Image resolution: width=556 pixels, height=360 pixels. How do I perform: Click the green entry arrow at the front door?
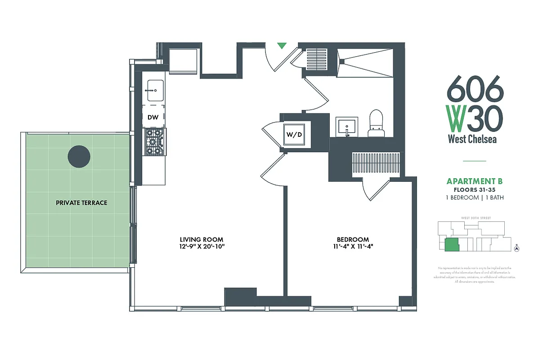[282, 45]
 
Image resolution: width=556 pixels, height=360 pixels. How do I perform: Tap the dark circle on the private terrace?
[79, 156]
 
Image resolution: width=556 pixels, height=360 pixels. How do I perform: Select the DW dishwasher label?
[153, 117]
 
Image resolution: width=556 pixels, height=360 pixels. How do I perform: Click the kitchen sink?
[153, 90]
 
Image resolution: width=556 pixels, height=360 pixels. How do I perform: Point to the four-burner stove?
[155, 142]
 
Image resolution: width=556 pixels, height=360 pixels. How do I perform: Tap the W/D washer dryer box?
[294, 134]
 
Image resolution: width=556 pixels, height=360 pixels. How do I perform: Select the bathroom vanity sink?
[346, 126]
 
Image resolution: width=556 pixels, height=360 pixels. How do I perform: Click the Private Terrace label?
[81, 203]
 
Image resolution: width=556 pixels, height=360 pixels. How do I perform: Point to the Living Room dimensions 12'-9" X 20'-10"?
[202, 247]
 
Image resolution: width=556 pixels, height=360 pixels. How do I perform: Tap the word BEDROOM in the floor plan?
[353, 239]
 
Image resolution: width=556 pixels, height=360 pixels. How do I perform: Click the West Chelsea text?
[472, 139]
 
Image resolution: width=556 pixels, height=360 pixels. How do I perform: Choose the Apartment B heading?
[474, 181]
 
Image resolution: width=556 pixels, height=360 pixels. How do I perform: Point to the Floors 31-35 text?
[474, 190]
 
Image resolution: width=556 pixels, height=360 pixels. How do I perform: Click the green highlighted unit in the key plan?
[451, 245]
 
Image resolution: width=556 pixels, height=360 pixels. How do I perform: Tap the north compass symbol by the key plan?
[516, 248]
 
